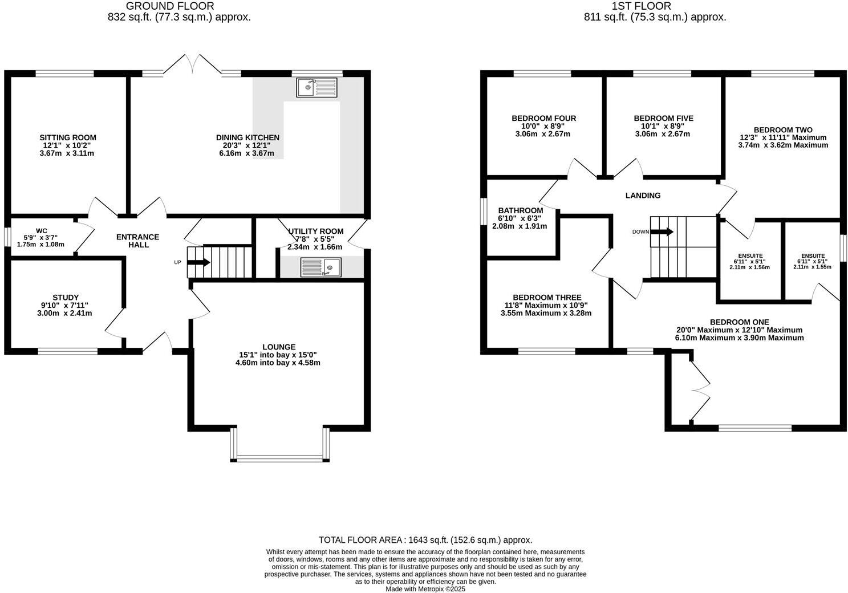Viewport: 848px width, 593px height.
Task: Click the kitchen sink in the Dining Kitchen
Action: (317, 87)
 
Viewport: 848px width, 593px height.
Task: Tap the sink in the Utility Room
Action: (320, 267)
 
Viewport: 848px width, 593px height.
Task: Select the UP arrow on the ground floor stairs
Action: (198, 262)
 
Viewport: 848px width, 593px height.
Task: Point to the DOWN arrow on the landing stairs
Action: (662, 231)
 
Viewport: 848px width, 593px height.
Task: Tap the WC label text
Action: (42, 231)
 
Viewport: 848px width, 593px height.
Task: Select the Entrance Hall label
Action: (137, 241)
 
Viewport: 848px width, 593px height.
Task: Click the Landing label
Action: (643, 196)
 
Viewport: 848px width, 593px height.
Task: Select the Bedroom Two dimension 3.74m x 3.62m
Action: (782, 145)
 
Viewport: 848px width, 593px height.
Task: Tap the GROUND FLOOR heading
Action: (170, 6)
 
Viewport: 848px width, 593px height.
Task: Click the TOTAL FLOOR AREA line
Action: (425, 540)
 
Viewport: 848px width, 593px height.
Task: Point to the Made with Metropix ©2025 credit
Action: (425, 589)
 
